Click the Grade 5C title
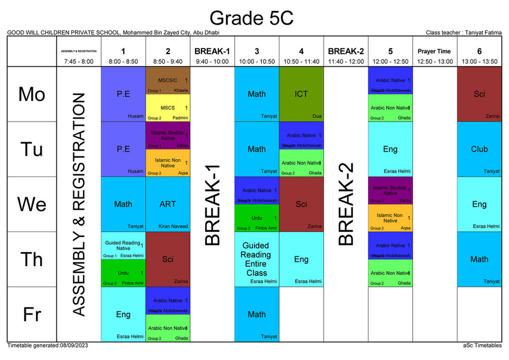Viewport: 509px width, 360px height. pos(251,18)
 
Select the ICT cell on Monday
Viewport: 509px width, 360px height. pos(301,94)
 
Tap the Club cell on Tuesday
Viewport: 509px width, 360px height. pos(479,149)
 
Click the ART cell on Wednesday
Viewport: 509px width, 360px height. pos(168,204)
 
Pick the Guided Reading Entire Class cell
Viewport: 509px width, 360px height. pos(257,259)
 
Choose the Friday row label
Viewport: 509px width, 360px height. pos(32,314)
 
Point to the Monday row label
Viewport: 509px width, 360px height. pos(32,94)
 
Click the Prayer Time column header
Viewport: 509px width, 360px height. pos(434,51)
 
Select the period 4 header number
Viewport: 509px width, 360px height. pos(301,51)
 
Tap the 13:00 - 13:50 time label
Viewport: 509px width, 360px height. pos(479,62)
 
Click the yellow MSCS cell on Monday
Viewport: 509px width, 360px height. pos(168,108)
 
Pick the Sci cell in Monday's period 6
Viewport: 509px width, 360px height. pos(479,94)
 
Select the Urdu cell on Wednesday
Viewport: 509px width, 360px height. pos(257,218)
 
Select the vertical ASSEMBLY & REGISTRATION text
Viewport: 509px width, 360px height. pos(79,204)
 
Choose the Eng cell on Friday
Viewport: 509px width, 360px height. pos(123,314)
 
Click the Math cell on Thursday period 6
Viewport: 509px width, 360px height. pos(479,259)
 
